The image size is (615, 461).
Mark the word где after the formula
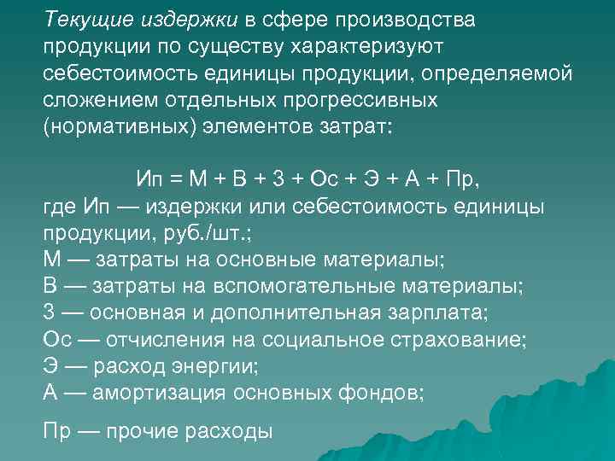coord(58,207)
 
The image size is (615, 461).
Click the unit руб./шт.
coord(224,234)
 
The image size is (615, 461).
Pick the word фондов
coord(384,394)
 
